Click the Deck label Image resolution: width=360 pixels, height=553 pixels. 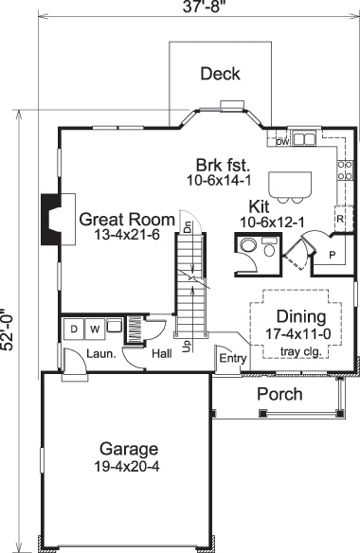point(221,74)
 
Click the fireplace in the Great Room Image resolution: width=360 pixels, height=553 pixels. point(47,220)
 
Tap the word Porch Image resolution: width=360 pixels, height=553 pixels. point(280,394)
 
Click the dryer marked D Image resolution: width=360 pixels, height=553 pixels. point(73,329)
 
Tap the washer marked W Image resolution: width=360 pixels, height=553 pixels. point(94,329)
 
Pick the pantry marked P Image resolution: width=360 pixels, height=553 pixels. point(333,256)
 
